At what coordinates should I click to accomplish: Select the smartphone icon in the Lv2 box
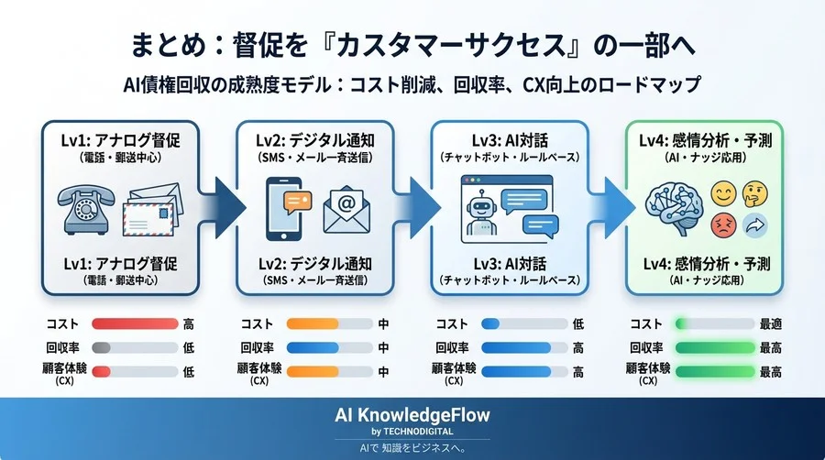(286, 207)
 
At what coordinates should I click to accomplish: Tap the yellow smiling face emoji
(723, 192)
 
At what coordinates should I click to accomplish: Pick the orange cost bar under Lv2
(313, 323)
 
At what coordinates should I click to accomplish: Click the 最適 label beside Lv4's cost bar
(770, 323)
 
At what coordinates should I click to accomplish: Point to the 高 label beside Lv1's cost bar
(189, 323)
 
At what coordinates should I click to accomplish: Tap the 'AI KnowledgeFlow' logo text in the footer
(412, 414)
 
